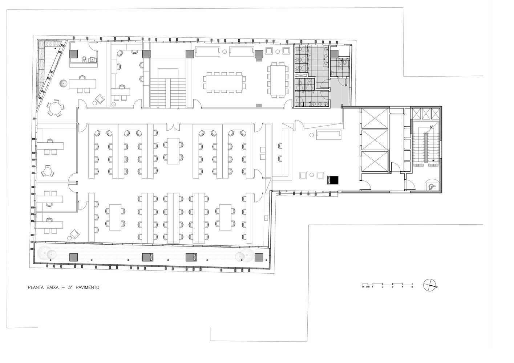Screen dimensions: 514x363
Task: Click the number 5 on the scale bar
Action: pos(412,287)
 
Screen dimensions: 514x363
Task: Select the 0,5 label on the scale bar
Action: pos(368,287)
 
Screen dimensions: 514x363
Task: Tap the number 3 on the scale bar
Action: pos(392,287)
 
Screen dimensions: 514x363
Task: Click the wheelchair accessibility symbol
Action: pos(432,187)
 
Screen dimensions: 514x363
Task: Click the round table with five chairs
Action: pos(55,108)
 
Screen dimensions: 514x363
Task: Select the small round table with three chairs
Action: pos(48,171)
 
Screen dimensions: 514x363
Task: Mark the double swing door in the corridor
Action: pos(173,127)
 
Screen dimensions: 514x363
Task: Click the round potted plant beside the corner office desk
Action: pos(63,83)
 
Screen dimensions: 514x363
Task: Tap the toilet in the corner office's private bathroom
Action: pos(85,59)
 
